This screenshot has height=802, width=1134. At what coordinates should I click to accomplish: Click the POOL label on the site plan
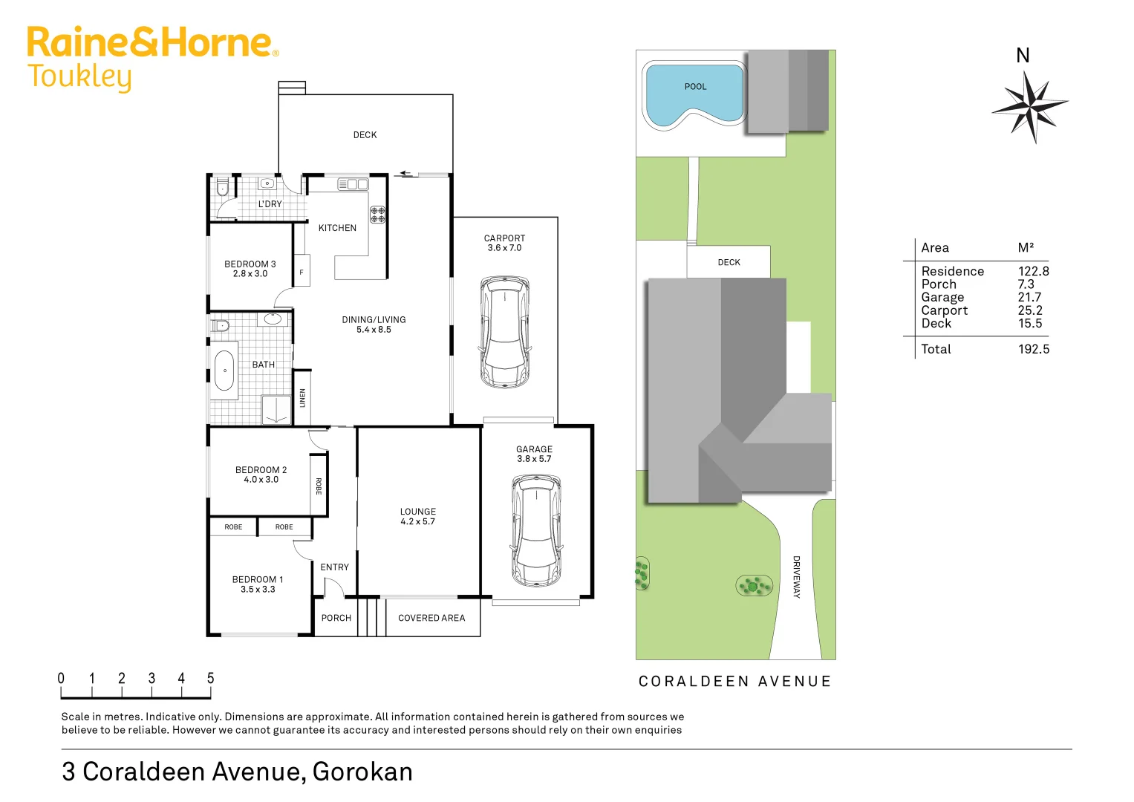point(695,87)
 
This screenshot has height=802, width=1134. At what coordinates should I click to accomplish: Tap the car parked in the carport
point(505,332)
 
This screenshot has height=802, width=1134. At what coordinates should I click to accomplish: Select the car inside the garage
point(535,530)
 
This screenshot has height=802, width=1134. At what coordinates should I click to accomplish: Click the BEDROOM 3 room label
point(250,264)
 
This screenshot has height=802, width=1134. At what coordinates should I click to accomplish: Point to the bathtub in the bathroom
point(224,371)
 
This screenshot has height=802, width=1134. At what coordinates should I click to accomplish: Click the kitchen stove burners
point(378,215)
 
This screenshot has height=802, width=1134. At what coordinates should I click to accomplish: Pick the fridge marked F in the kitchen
point(302,272)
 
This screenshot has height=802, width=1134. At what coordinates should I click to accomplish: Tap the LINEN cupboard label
point(302,398)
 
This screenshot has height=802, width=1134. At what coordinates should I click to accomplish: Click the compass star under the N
point(1029,106)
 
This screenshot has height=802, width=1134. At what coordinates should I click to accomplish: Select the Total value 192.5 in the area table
point(1034,349)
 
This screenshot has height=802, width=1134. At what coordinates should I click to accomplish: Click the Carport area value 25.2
point(1030,310)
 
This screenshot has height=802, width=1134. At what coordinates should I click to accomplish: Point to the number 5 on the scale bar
point(211,678)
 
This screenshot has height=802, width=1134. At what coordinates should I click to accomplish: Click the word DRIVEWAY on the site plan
point(796,577)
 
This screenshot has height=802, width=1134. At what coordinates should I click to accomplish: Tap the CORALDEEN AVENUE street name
point(734,682)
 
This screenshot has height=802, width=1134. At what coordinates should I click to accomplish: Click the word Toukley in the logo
point(79,77)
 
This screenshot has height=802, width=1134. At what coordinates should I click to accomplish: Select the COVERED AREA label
point(431,618)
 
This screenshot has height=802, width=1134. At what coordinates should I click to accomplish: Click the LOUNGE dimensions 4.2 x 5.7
point(418,522)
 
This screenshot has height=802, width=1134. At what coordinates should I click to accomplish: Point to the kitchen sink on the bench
point(353,184)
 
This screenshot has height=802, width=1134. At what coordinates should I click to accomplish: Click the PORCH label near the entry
point(336,618)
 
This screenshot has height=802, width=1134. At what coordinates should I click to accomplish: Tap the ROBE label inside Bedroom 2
point(319,486)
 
